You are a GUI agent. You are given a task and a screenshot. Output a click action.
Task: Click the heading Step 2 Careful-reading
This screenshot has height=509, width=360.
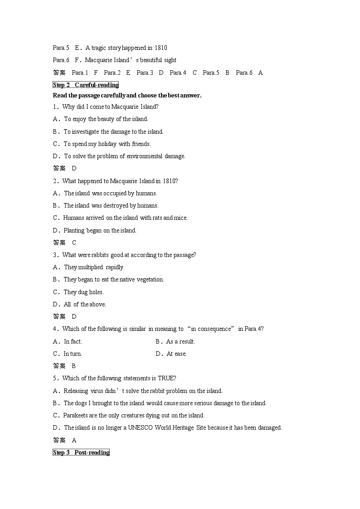(86, 85)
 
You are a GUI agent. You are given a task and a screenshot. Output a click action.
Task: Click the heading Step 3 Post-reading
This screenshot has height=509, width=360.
(81, 452)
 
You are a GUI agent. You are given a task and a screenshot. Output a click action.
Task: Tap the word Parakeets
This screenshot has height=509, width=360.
(76, 415)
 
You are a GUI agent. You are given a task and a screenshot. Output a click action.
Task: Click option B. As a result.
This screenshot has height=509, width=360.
(175, 341)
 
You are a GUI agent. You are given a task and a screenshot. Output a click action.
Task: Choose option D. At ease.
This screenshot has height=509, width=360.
(171, 354)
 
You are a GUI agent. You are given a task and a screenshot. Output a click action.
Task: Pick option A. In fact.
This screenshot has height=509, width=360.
(68, 341)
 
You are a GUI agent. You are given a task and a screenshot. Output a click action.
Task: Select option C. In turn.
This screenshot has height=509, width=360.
(68, 354)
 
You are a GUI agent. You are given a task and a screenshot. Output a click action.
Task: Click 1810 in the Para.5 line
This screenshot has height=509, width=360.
(161, 48)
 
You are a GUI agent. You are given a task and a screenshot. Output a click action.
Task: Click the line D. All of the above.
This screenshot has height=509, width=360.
(79, 304)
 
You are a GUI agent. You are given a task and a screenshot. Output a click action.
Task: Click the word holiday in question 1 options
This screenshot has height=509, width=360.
(107, 144)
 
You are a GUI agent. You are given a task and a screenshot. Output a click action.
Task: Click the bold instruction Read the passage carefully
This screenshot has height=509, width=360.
(127, 95)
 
